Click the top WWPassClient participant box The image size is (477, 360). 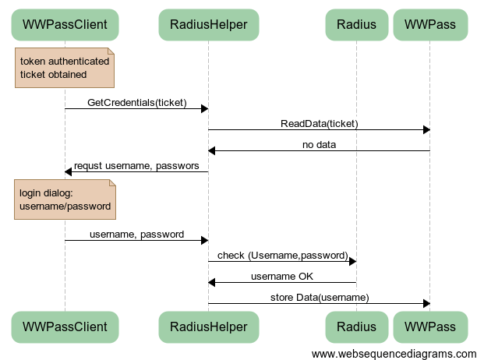[65, 24]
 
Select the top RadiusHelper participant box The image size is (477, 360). [208, 24]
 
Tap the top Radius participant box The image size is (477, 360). [356, 24]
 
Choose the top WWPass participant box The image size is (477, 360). [430, 24]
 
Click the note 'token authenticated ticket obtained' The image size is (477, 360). [65, 68]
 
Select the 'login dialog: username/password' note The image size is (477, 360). [65, 199]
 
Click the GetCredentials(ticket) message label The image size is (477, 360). [136, 102]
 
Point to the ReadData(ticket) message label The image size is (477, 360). [319, 123]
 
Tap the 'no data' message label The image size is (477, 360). [319, 144]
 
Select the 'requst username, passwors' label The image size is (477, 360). [136, 165]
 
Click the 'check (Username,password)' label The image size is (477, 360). [282, 255]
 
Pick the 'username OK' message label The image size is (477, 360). [282, 276]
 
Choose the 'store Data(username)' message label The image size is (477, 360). [319, 297]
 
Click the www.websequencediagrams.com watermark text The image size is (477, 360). [393, 353]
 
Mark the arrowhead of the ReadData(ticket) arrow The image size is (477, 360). [426, 129]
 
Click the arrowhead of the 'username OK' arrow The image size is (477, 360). [212, 282]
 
